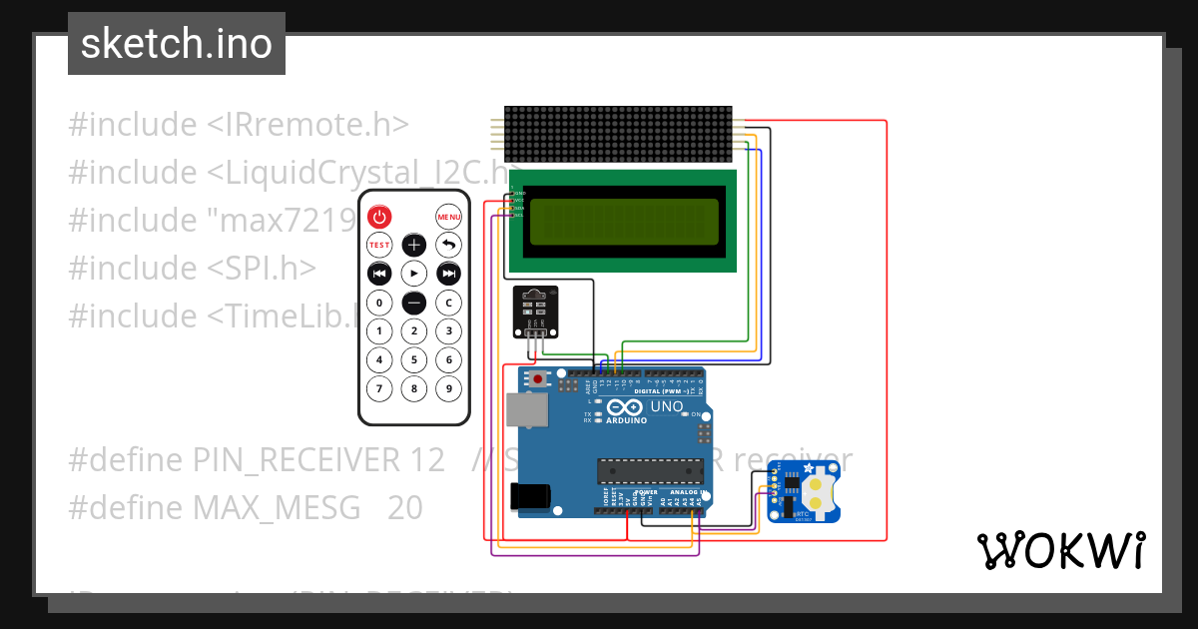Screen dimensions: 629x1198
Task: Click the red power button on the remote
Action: pos(379,217)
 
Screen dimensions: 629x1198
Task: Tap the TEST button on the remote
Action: pos(379,245)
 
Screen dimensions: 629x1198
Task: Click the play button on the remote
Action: pos(414,273)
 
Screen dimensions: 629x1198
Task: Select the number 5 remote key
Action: pos(414,359)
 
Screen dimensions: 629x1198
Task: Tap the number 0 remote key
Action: pos(379,303)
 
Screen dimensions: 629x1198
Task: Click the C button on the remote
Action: pos(449,303)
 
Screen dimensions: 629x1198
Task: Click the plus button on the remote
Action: pos(414,245)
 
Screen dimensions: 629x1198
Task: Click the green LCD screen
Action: pos(624,222)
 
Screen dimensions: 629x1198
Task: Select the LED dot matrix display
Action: pos(619,135)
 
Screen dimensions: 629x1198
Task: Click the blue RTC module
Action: pos(804,494)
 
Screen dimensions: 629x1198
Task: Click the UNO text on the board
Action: pos(667,406)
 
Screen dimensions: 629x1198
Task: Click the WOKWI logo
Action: pos(1060,550)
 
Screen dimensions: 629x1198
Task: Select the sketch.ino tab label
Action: pos(177,44)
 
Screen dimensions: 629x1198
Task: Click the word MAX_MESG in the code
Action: pos(276,508)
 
